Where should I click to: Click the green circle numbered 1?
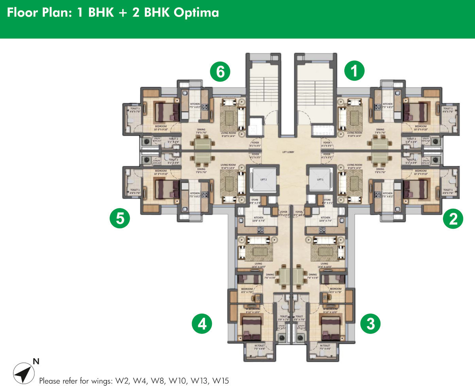coord(354,71)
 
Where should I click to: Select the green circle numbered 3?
coord(370,324)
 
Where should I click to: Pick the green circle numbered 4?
coord(202,324)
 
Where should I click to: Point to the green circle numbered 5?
coord(120,218)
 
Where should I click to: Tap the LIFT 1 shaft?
coord(320,180)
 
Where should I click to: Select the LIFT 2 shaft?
coord(263,180)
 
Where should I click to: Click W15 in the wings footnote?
coord(220,381)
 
